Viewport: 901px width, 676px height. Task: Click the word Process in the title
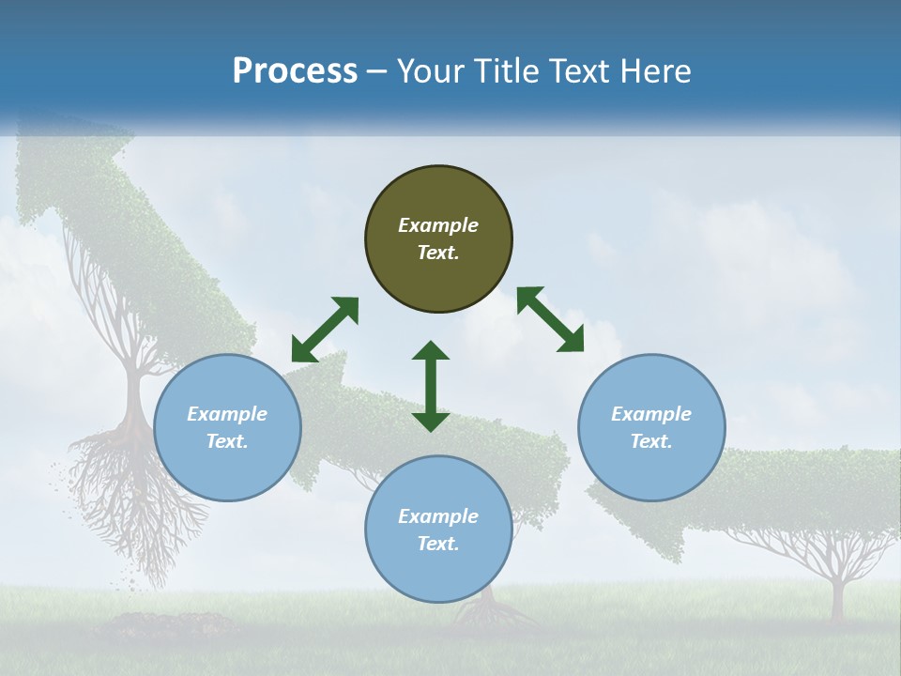pyautogui.click(x=295, y=71)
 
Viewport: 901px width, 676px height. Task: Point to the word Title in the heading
pyautogui.click(x=505, y=71)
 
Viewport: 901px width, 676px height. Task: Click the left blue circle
pyautogui.click(x=227, y=427)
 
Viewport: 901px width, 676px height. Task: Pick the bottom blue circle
pyautogui.click(x=438, y=530)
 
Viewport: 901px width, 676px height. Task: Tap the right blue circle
pyautogui.click(x=651, y=427)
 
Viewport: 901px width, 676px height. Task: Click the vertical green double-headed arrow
pyautogui.click(x=431, y=386)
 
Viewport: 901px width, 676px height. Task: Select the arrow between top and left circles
pyautogui.click(x=325, y=329)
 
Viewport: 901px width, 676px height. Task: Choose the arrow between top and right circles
pyautogui.click(x=551, y=319)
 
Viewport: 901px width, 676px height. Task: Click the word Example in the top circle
pyautogui.click(x=438, y=225)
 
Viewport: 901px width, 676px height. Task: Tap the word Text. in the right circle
pyautogui.click(x=650, y=441)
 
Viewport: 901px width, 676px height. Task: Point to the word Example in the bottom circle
pyautogui.click(x=438, y=516)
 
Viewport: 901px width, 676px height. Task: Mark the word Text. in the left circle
pyautogui.click(x=227, y=441)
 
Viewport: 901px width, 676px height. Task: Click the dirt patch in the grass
pyautogui.click(x=169, y=623)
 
